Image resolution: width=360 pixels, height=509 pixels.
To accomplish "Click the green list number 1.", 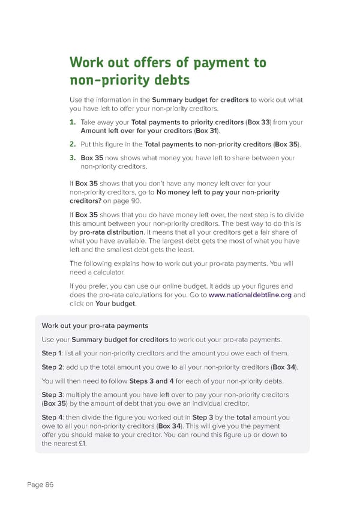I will point(72,122).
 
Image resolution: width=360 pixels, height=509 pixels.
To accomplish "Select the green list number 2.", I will point(72,144).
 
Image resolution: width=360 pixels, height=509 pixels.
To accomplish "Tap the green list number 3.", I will point(72,158).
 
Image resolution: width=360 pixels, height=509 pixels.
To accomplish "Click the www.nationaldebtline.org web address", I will point(250,295).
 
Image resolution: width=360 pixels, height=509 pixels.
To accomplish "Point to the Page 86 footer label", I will point(40,485).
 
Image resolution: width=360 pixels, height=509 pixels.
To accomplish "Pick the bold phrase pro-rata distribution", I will point(111,232).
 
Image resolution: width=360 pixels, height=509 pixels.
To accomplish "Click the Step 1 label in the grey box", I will point(52,352).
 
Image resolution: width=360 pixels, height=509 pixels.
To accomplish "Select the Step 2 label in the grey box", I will point(52,367).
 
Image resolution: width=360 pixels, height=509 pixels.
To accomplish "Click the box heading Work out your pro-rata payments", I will point(95,325).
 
